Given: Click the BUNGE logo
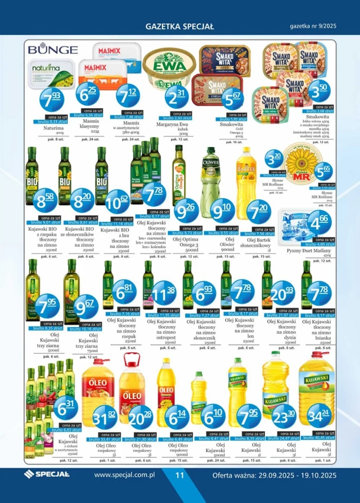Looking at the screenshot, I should click(52, 49).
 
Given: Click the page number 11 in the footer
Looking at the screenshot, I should click(180, 475).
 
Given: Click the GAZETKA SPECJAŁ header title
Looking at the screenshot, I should click(180, 27).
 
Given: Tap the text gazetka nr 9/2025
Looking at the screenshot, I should click(313, 26).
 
